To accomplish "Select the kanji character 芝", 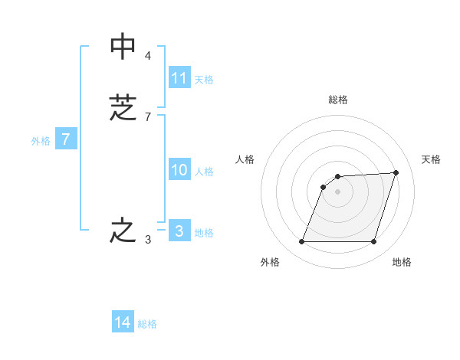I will pyautogui.click(x=123, y=107).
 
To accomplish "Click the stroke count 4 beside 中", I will pyautogui.click(x=147, y=56).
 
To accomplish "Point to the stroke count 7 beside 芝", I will pyautogui.click(x=147, y=117).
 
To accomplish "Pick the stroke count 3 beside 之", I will pyautogui.click(x=147, y=240).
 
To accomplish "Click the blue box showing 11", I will pyautogui.click(x=179, y=78).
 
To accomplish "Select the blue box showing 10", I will pyautogui.click(x=179, y=170).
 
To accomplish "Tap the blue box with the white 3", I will pyautogui.click(x=179, y=231).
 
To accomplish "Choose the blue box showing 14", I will pyautogui.click(x=123, y=322).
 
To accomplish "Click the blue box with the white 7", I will pyautogui.click(x=66, y=139).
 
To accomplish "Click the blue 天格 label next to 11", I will pyautogui.click(x=204, y=80).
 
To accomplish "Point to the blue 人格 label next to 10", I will pyautogui.click(x=204, y=172).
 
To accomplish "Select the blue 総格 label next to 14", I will pyautogui.click(x=147, y=324).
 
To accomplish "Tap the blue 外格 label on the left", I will pyautogui.click(x=41, y=141).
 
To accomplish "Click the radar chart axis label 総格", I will pyautogui.click(x=338, y=100).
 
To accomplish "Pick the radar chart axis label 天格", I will pyautogui.click(x=431, y=159).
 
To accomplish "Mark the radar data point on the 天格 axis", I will pyautogui.click(x=396, y=172).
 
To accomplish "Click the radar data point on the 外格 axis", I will pyautogui.click(x=302, y=242).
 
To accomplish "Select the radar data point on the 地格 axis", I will pyautogui.click(x=374, y=242).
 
